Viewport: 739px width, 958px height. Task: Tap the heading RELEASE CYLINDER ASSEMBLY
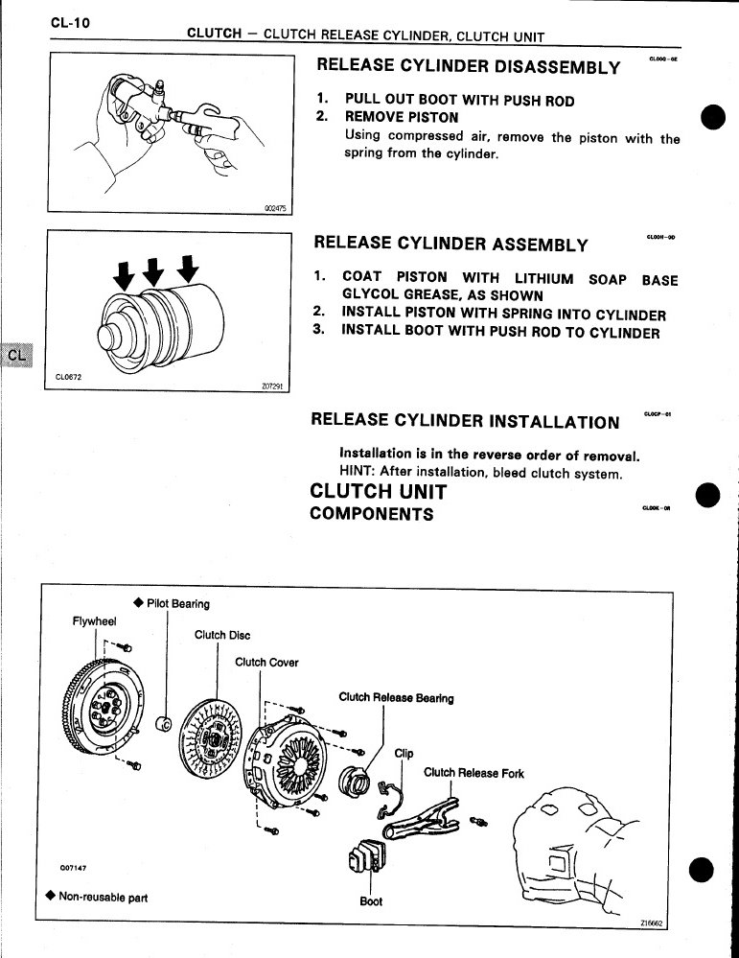click(450, 244)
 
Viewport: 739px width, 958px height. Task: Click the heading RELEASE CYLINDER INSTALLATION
click(466, 422)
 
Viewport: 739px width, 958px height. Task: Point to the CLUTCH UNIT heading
click(379, 491)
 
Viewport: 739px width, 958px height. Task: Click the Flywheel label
click(94, 621)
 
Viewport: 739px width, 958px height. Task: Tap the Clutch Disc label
click(221, 635)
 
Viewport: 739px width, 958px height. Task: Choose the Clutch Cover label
click(266, 663)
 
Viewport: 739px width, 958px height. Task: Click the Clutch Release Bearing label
click(396, 697)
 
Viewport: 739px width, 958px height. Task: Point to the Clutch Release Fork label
click(473, 773)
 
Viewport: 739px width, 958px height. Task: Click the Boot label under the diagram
click(371, 901)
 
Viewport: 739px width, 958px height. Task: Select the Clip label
click(404, 753)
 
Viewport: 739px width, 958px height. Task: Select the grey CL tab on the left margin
click(16, 354)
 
